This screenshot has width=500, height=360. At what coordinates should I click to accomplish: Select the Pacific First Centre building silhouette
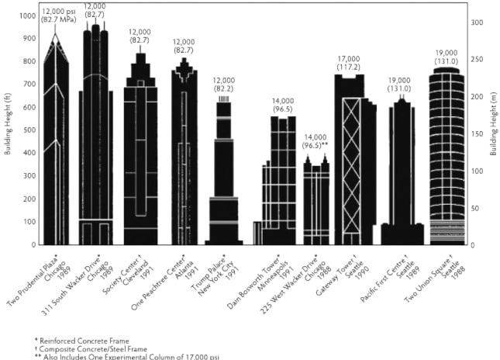(x=402, y=178)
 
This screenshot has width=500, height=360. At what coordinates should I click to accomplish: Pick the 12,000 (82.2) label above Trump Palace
(x=224, y=85)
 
